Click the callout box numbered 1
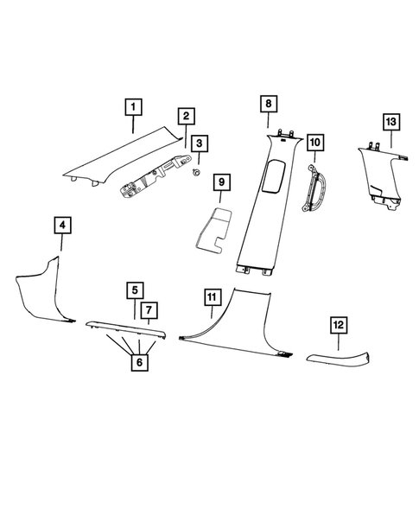133,108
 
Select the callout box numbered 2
187,117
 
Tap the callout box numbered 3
200,143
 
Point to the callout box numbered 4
62,226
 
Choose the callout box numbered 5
135,289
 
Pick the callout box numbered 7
149,309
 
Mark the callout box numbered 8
269,104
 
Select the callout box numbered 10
314,141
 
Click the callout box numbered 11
210,298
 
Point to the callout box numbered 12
339,325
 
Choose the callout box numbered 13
391,120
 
